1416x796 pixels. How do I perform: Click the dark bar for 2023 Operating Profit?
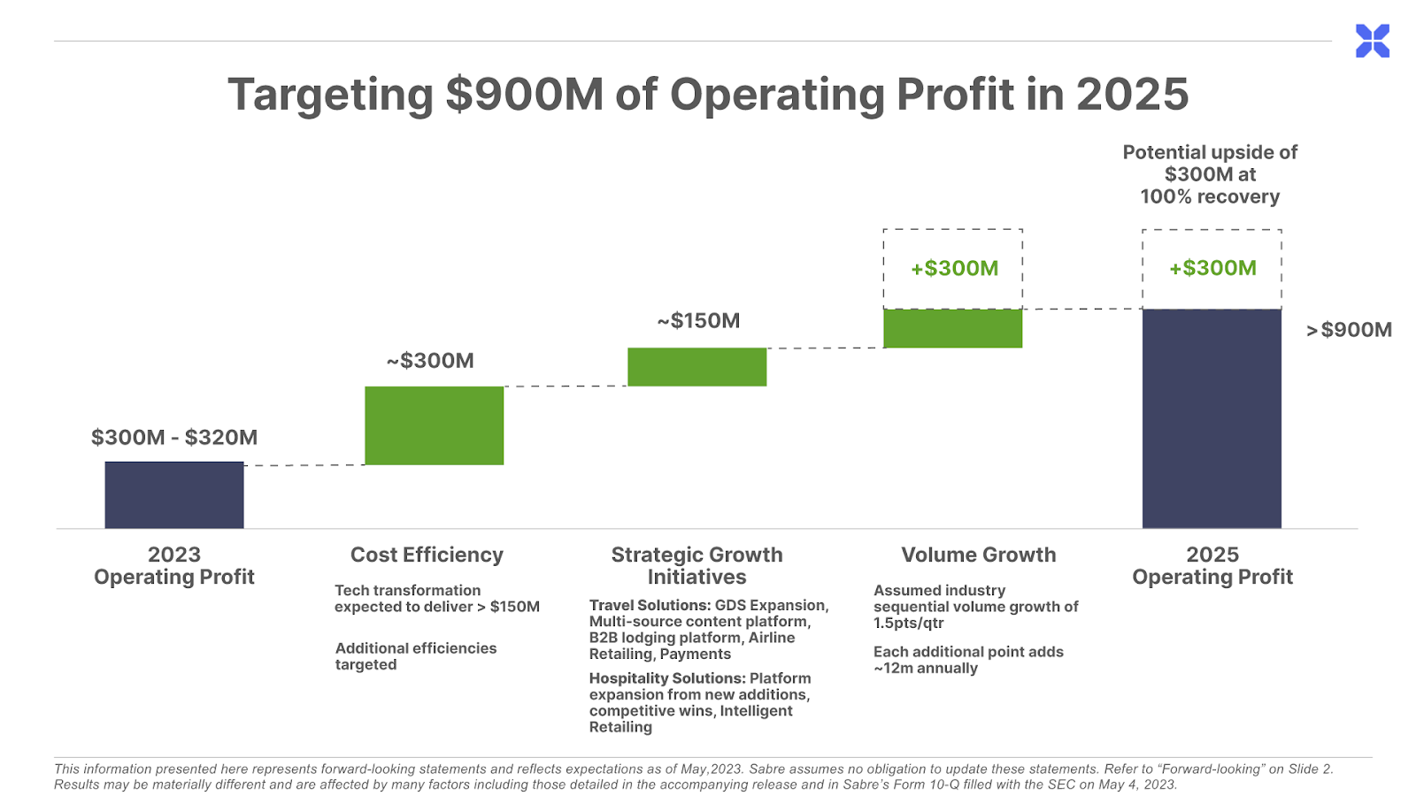174,494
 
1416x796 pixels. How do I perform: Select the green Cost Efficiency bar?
434,425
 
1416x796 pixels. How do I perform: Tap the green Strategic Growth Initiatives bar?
696,367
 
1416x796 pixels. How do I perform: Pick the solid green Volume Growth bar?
952,328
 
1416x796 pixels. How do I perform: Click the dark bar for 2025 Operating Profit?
1212,418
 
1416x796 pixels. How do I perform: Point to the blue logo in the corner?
1373,41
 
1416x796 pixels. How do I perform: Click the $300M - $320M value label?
174,437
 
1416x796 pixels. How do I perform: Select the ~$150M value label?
698,320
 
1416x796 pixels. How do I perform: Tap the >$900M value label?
1349,330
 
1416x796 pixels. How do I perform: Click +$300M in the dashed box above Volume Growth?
954,268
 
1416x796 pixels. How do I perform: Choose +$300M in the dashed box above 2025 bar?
1212,268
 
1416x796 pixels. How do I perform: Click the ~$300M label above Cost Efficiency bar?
430,360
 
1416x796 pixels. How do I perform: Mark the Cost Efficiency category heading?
427,555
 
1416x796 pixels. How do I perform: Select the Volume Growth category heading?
978,555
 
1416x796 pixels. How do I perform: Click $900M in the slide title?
525,95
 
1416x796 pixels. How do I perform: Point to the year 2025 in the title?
1132,95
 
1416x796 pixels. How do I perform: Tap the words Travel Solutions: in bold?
650,605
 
